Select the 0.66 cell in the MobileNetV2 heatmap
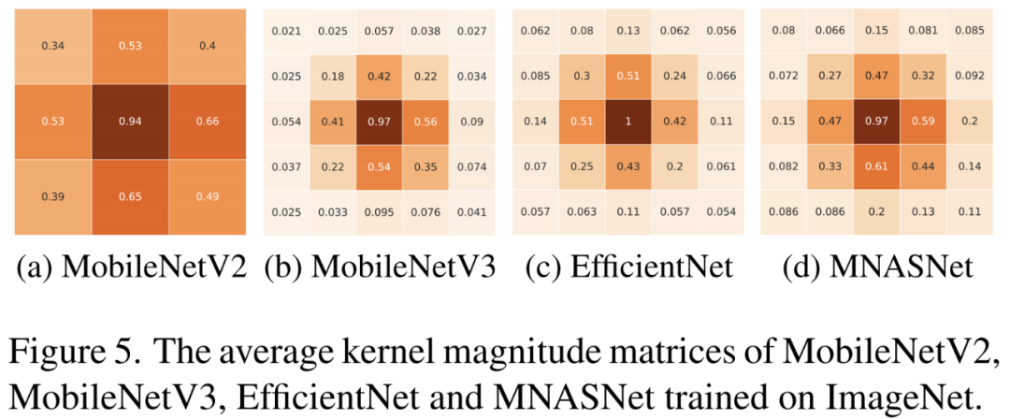coord(207,121)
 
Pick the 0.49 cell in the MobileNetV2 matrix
coord(207,197)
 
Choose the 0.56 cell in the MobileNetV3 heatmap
coord(426,121)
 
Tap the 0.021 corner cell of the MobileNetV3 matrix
coord(286,32)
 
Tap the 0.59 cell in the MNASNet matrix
coord(923,121)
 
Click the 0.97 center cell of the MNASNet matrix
coord(876,121)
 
